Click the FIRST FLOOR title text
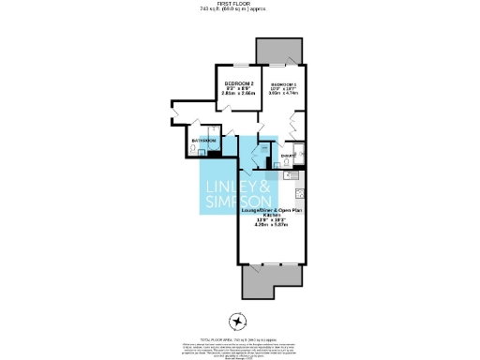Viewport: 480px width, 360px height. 239,4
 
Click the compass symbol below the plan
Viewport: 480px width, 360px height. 238,319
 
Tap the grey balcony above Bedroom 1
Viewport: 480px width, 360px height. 277,52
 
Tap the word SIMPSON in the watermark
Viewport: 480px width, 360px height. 238,202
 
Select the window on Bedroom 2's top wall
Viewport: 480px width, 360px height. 241,65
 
